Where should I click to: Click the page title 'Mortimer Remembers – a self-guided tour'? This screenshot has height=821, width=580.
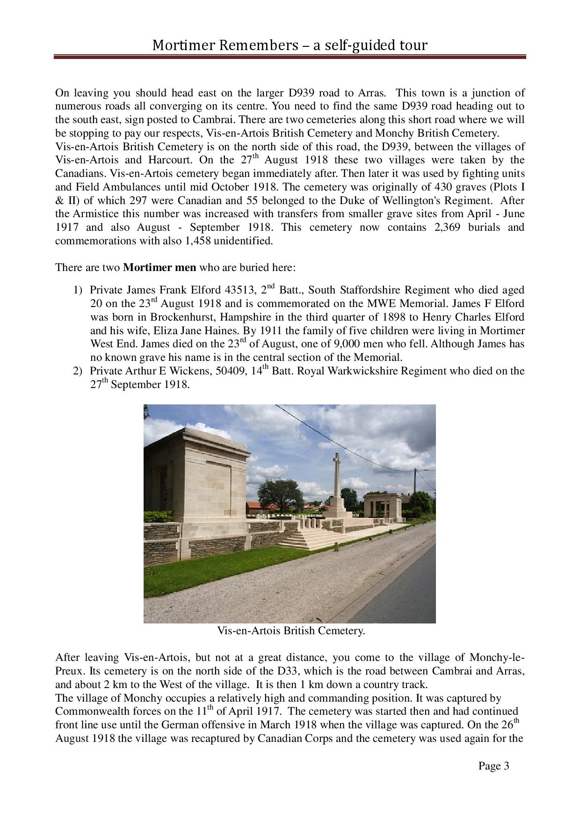290,45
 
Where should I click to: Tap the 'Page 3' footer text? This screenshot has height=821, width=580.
493,766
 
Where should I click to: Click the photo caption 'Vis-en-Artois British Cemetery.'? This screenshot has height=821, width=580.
290,630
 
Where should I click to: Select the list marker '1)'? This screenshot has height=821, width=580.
78,290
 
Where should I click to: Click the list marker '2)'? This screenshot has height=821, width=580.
78,371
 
